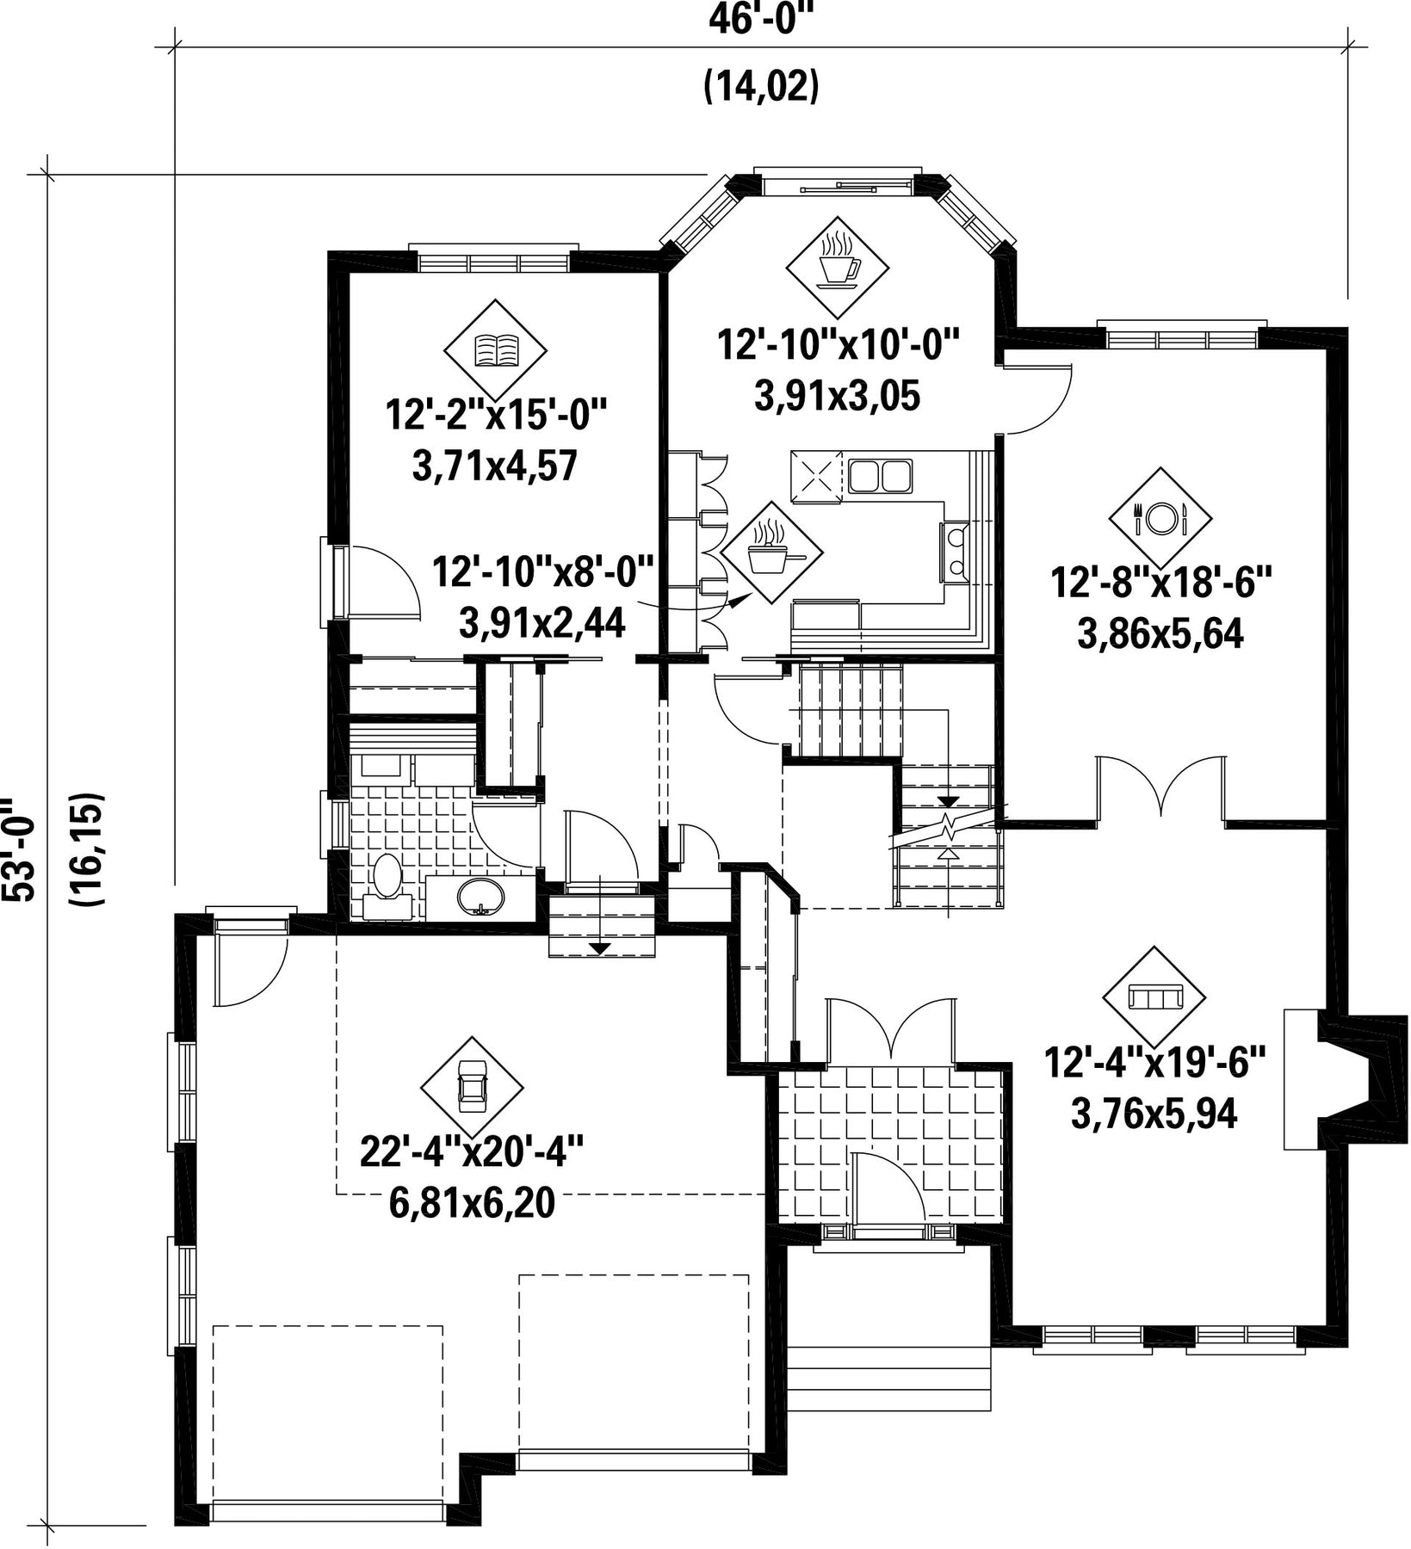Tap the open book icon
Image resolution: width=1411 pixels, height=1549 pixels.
[x=495, y=350]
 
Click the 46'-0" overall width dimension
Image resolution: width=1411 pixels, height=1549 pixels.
[x=760, y=19]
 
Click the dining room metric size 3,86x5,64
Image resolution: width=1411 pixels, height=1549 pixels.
[x=1160, y=634]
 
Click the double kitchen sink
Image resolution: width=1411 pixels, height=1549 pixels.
[x=879, y=476]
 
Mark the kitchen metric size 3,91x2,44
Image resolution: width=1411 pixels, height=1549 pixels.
[x=542, y=621]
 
